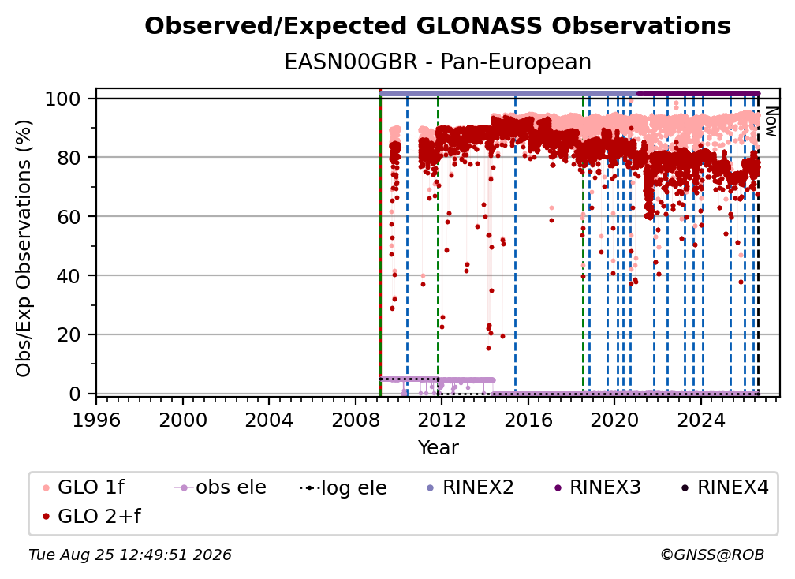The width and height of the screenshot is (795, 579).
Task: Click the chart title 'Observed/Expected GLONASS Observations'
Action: pyautogui.click(x=438, y=26)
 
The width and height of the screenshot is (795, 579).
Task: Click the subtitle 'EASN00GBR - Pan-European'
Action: pyautogui.click(x=438, y=62)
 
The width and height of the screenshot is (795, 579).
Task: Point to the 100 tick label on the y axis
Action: pyautogui.click(x=62, y=99)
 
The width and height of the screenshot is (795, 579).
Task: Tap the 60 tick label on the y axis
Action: pyautogui.click(x=69, y=216)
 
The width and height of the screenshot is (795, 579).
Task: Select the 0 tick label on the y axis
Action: pyautogui.click(x=74, y=394)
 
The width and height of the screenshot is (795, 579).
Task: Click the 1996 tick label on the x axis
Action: pyautogui.click(x=96, y=420)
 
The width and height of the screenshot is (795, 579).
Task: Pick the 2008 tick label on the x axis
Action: pyautogui.click(x=356, y=420)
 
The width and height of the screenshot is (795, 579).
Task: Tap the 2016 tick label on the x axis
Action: pyautogui.click(x=528, y=420)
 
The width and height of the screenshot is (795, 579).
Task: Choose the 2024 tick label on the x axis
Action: pyautogui.click(x=701, y=420)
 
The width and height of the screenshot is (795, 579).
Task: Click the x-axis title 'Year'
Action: pyautogui.click(x=438, y=448)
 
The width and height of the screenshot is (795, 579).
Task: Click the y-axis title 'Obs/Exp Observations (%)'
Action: pyautogui.click(x=24, y=248)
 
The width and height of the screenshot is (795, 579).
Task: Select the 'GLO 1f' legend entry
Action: pyautogui.click(x=84, y=487)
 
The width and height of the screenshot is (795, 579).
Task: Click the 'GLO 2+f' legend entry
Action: pyautogui.click(x=91, y=517)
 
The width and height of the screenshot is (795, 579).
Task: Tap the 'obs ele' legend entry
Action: pyautogui.click(x=219, y=487)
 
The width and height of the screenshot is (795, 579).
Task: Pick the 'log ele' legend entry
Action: pyautogui.click(x=343, y=487)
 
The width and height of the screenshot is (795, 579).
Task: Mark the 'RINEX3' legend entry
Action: pyautogui.click(x=597, y=487)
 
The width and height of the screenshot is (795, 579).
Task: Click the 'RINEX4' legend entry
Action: pyautogui.click(x=725, y=487)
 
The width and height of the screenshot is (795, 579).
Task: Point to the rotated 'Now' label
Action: pyautogui.click(x=771, y=121)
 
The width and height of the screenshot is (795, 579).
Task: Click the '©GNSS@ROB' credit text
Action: pyautogui.click(x=712, y=555)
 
